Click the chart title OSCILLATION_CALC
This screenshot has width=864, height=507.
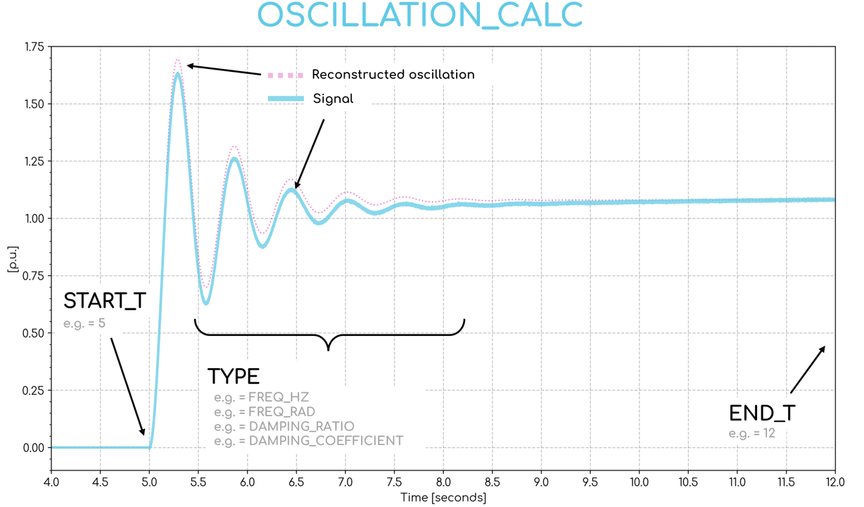coord(420,16)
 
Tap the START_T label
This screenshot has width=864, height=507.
coord(104,301)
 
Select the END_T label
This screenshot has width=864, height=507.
coord(762,413)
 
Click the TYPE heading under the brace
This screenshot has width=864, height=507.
coord(233,376)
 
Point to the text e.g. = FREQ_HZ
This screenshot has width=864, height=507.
coord(261,397)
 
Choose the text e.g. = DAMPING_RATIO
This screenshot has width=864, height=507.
coord(284,427)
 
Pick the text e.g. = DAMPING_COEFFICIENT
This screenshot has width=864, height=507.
coord(308,442)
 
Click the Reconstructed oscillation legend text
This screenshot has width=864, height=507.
coord(393,75)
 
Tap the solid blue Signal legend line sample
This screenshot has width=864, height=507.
coord(286,99)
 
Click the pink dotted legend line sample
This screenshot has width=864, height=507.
coord(286,75)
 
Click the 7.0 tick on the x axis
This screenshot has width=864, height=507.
coord(345,483)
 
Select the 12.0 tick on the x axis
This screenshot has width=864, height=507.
coord(834,483)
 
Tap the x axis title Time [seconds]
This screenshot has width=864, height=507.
coord(443,498)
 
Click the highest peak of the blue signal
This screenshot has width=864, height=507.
coord(178,73)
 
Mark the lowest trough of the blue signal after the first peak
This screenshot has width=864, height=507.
coord(206,303)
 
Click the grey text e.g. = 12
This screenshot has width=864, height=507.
coord(751,433)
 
